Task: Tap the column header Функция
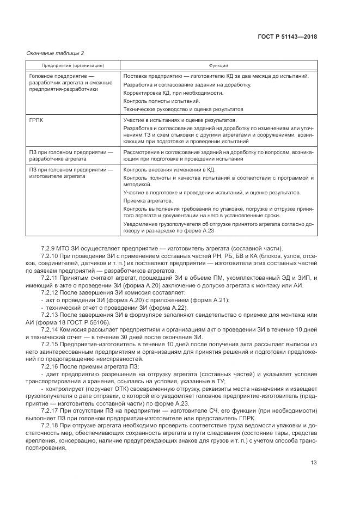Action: pyautogui.click(x=217, y=65)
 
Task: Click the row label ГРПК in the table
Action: pyautogui.click(x=36, y=119)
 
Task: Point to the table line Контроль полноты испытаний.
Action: pyautogui.click(x=162, y=101)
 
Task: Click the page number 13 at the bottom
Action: pyautogui.click(x=313, y=463)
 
